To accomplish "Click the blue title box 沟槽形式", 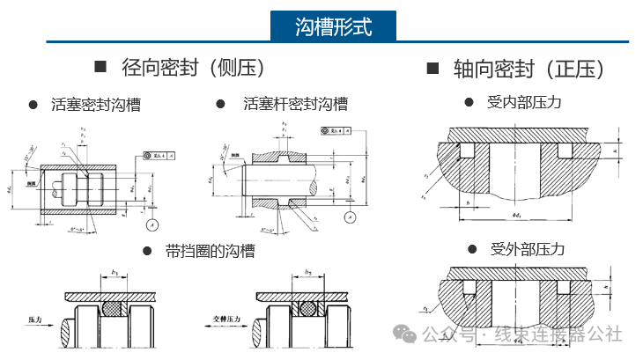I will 333,26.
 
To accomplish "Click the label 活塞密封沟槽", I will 96,105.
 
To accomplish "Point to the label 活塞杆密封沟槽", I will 295,104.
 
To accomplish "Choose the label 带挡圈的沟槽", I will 211,251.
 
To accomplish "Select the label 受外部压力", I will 527,249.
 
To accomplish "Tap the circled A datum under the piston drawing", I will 154,224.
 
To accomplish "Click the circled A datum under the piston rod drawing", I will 350,217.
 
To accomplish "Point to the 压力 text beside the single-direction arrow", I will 36,318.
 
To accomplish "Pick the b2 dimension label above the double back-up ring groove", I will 307,274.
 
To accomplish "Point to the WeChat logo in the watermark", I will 406,334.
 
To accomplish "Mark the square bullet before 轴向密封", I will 432,68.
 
